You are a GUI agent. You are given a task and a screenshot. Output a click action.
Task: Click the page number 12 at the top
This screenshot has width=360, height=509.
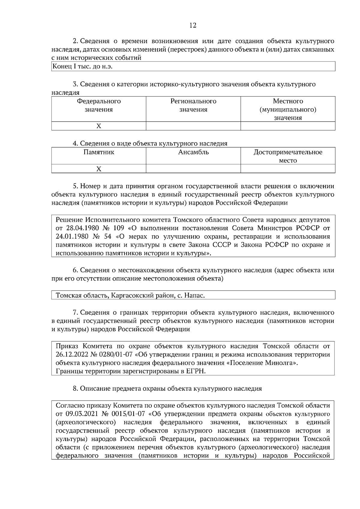[x=193, y=25]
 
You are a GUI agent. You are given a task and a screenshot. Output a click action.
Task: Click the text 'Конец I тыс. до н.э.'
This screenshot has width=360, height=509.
[x=82, y=67]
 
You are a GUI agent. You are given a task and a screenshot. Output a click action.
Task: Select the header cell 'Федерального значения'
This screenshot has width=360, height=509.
[x=99, y=105]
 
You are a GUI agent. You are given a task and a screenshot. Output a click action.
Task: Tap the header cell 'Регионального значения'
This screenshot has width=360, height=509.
[x=193, y=105]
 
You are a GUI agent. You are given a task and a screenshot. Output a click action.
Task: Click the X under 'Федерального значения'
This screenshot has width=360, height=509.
[x=99, y=126]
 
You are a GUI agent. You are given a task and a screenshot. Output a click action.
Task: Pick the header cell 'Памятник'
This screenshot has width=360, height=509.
[x=99, y=152]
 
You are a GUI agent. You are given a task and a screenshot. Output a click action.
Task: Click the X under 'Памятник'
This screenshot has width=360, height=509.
[x=99, y=169]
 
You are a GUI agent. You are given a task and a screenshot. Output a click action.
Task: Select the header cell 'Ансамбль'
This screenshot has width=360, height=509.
[x=193, y=152]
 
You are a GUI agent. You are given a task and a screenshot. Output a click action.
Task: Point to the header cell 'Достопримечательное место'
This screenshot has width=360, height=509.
[x=288, y=156]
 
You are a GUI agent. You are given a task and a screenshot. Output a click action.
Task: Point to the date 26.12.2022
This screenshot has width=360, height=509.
[x=72, y=355]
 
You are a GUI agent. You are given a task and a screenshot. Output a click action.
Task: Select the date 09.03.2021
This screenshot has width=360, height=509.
[x=81, y=414]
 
